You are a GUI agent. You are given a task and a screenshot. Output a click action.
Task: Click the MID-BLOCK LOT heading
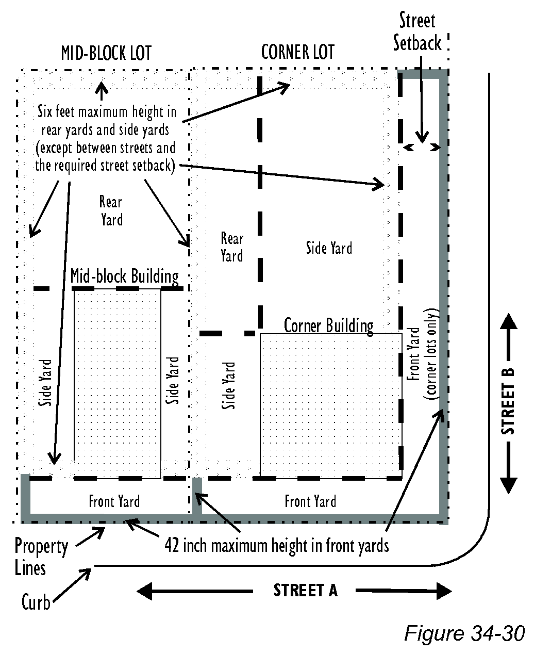[x=106, y=53]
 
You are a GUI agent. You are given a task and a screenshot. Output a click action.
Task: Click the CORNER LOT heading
[x=297, y=52]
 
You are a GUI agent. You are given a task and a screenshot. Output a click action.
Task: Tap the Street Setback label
[x=418, y=32]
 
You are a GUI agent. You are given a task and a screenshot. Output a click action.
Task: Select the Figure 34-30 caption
[x=464, y=632]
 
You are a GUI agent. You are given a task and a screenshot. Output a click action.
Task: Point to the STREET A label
[x=305, y=591]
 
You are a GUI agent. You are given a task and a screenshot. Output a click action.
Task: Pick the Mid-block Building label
[x=124, y=276]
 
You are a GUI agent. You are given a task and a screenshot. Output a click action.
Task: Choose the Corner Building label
[x=328, y=325]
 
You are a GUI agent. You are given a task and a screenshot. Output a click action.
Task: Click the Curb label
[x=36, y=602]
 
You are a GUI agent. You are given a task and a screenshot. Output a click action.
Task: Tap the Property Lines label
[x=41, y=557]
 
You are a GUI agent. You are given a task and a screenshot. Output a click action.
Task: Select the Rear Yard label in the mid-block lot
[x=111, y=211]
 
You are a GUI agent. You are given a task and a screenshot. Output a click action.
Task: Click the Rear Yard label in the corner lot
[x=231, y=247]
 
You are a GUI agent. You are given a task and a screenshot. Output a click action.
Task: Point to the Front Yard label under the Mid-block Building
[x=114, y=501]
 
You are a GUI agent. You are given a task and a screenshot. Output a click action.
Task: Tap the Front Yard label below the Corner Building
[x=310, y=501]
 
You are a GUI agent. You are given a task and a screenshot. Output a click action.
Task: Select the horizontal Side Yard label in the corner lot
[x=329, y=248]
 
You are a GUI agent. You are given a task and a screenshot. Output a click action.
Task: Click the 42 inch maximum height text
[x=276, y=545]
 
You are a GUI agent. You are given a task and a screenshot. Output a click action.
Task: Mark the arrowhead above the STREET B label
[x=509, y=322]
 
